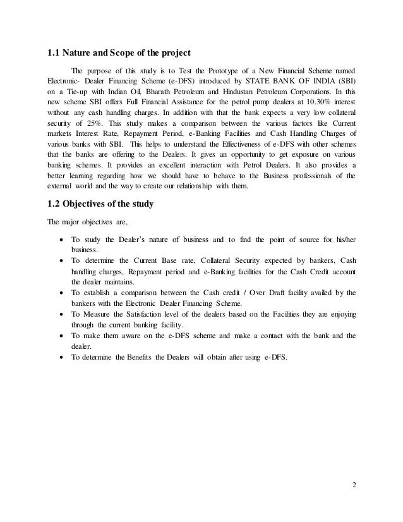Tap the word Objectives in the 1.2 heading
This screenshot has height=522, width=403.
91,203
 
